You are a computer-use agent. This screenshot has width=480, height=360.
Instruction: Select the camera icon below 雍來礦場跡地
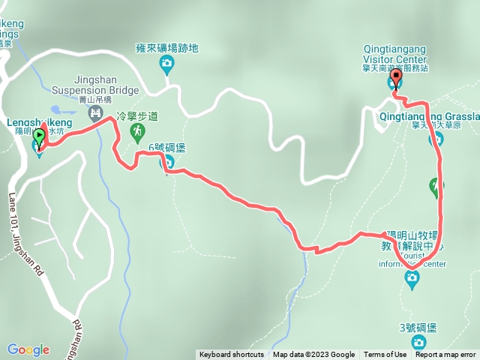pos(166,65)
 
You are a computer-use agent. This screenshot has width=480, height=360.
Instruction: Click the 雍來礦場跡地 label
pos(167,48)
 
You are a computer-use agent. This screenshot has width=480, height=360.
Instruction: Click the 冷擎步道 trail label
pos(137,117)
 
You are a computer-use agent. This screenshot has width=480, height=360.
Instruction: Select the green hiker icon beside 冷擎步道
pos(137,133)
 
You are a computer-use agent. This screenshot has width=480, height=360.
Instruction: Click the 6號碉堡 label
pos(166,148)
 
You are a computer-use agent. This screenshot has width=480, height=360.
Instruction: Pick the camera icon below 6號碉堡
pos(169,162)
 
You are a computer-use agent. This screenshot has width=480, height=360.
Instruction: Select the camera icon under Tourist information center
pos(412,278)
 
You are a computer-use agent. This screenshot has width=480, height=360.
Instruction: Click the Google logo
pos(28,349)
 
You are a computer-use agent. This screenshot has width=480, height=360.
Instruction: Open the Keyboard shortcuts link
pos(231,355)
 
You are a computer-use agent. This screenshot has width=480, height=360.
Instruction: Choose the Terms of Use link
pos(385,355)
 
